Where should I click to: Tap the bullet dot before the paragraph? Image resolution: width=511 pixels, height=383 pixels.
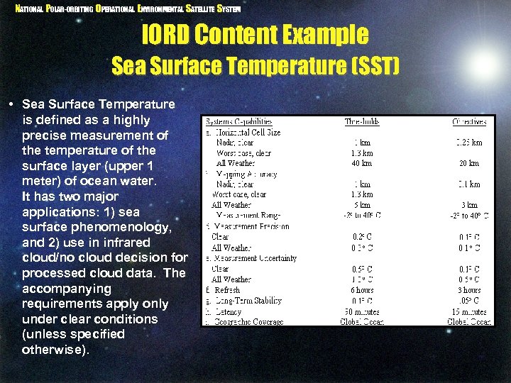13,105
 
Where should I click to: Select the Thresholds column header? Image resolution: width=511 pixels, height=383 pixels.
363,121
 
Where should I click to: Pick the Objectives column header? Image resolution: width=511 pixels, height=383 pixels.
469,121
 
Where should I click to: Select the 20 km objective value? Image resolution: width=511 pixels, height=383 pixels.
469,163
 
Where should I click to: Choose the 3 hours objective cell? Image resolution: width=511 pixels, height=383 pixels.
468,290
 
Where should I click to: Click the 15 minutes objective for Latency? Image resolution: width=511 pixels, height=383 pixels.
468,311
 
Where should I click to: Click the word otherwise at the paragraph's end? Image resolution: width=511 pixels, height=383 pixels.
53,350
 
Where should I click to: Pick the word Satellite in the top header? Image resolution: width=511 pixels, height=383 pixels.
201,9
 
